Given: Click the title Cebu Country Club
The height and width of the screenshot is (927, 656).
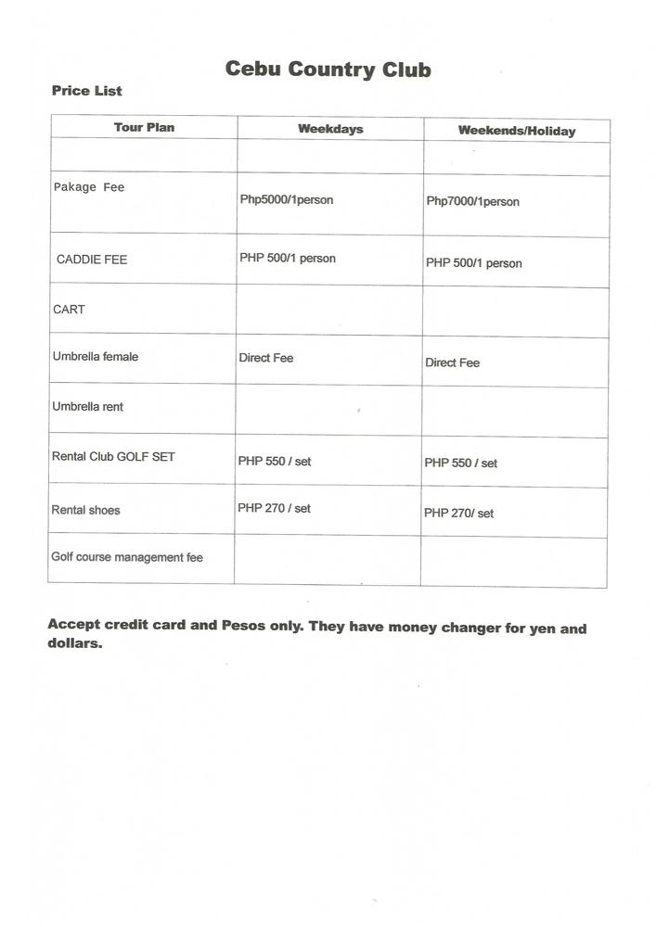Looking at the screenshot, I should click(328, 70).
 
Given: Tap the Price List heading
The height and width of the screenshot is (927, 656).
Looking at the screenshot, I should click(87, 91).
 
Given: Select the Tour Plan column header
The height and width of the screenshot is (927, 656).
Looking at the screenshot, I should click(144, 127).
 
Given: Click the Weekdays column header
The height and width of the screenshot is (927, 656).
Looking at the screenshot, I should click(330, 129).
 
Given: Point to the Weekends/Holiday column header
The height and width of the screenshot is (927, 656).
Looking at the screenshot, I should click(516, 131).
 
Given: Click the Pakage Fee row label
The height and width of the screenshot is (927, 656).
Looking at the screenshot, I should click(88, 187).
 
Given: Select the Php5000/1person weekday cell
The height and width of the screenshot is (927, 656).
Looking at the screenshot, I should click(286, 199).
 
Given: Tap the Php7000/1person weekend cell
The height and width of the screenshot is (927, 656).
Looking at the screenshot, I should click(472, 201).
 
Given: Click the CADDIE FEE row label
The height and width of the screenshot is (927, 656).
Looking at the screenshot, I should click(92, 260).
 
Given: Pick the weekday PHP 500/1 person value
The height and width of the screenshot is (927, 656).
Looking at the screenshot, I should click(287, 258).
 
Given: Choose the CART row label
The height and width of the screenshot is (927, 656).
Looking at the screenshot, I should click(69, 310).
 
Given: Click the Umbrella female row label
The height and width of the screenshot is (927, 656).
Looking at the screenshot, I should click(96, 357).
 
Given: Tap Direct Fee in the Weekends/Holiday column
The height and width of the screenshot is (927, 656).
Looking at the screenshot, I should click(452, 362).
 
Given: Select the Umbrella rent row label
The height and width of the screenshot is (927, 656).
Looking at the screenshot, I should click(87, 407).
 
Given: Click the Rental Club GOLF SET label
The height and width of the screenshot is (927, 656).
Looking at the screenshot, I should click(113, 457).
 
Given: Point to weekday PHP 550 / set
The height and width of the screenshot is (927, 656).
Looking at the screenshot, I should click(275, 461).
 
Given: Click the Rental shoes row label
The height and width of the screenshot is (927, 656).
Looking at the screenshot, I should click(85, 510).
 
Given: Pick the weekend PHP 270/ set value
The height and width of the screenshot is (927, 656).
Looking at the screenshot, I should click(458, 513).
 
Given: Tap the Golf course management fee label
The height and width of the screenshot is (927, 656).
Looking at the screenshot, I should click(127, 557).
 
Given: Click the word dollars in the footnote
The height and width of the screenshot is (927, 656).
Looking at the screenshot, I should click(73, 644).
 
